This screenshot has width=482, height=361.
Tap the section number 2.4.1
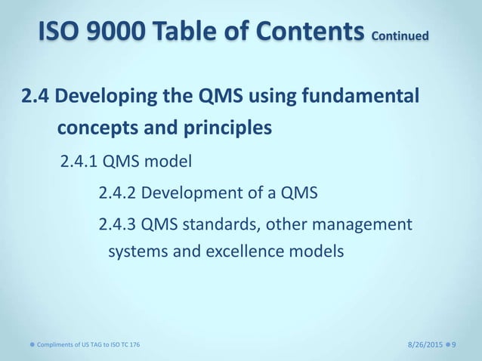(x=78, y=160)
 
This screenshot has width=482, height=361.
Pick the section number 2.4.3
(x=117, y=224)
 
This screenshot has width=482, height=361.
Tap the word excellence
(x=243, y=250)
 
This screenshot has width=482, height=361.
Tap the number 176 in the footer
(x=134, y=344)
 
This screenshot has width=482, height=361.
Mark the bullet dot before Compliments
(x=23, y=344)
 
